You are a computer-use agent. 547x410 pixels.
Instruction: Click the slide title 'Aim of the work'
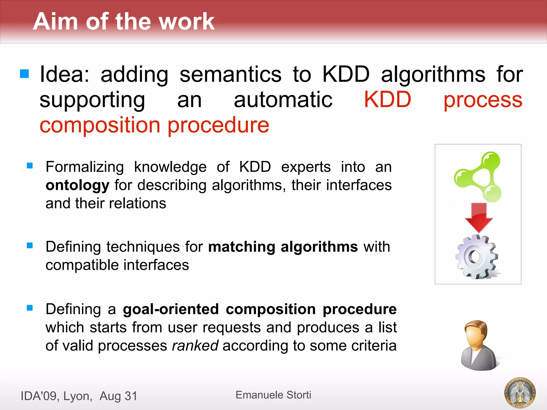pyautogui.click(x=124, y=21)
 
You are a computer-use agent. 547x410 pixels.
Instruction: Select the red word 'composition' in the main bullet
pyautogui.click(x=100, y=125)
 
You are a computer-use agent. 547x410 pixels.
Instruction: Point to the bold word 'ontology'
pyautogui.click(x=77, y=185)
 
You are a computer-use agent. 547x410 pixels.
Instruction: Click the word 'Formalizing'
pyautogui.click(x=85, y=167)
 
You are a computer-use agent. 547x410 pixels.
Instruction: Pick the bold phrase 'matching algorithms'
pyautogui.click(x=283, y=247)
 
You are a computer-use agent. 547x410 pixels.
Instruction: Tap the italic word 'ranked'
pyautogui.click(x=195, y=345)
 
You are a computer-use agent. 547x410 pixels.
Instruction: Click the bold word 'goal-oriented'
pyautogui.click(x=171, y=309)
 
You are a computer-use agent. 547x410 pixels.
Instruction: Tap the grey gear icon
pyautogui.click(x=477, y=257)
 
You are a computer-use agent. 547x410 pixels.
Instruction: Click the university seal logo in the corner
pyautogui.click(x=520, y=392)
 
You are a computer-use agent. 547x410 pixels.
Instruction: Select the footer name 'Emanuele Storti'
pyautogui.click(x=273, y=395)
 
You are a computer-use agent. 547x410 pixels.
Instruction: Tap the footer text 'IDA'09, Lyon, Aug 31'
pyautogui.click(x=79, y=396)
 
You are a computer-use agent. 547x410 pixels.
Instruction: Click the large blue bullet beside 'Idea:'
pyautogui.click(x=24, y=74)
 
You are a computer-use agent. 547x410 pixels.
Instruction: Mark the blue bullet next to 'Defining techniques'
pyautogui.click(x=30, y=245)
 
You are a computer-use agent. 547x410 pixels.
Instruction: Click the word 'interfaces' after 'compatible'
pyautogui.click(x=156, y=265)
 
